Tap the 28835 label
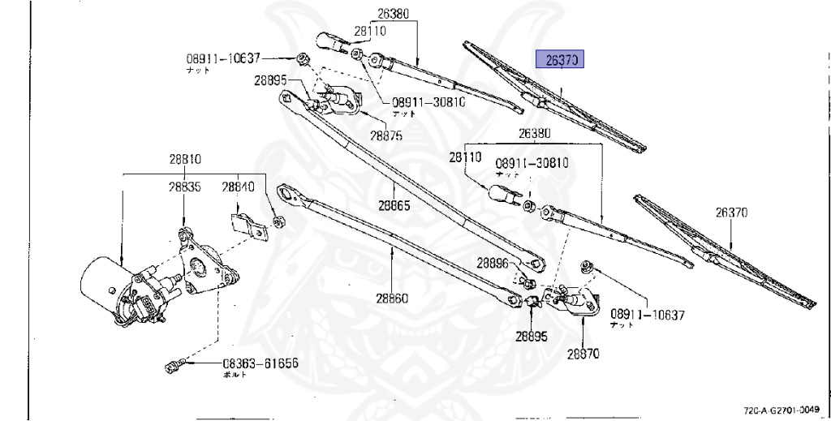185,187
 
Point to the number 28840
239,187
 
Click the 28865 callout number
393,205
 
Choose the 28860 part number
391,298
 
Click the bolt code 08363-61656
260,364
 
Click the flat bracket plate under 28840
248,225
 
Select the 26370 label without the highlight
731,213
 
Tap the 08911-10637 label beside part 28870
648,314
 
